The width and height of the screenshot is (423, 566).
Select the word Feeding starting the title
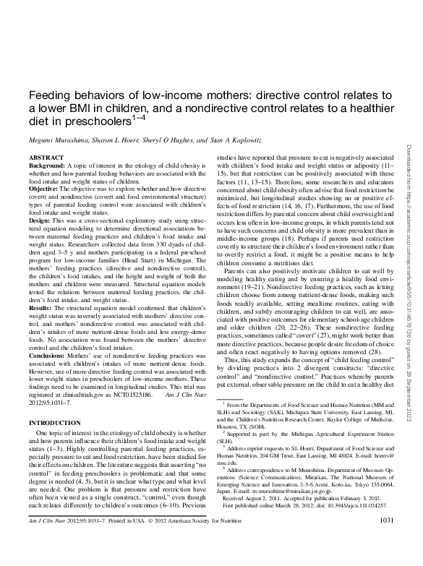pos(47,95)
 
